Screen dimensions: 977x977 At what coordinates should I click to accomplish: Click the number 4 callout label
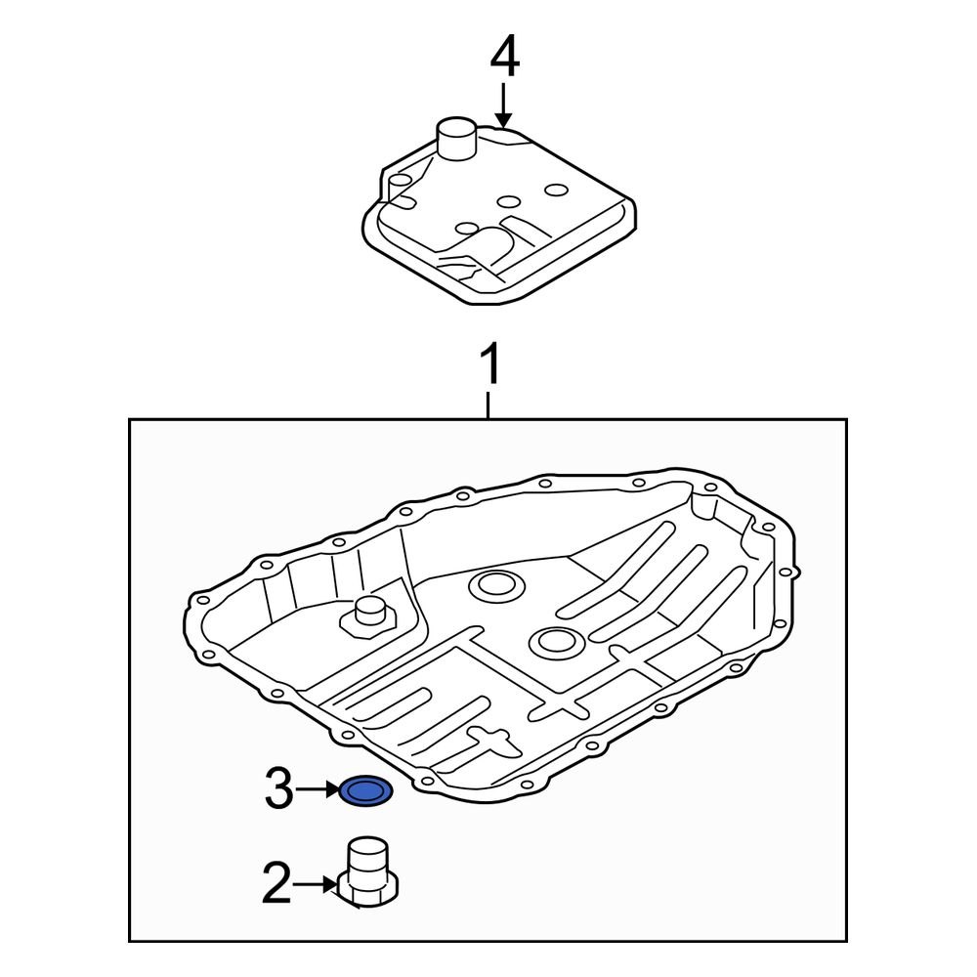(504, 58)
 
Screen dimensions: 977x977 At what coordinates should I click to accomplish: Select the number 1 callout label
(491, 366)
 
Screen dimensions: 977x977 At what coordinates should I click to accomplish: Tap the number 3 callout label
(279, 789)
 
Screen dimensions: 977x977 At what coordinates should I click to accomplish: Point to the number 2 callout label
(276, 885)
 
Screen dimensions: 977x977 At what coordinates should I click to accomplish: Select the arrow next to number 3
(319, 789)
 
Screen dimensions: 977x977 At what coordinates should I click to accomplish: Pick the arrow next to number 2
(318, 885)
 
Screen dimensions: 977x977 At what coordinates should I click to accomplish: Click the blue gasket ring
(366, 790)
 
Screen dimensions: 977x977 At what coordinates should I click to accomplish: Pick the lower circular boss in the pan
(554, 642)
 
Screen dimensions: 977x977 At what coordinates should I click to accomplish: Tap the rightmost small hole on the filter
(557, 190)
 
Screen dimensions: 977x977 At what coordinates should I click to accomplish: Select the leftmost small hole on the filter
(468, 230)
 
